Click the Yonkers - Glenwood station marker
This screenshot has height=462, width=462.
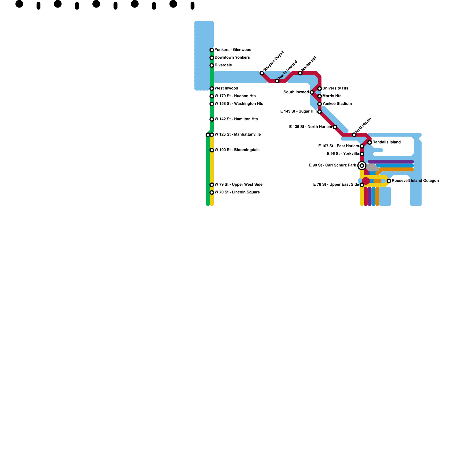[x=212, y=50]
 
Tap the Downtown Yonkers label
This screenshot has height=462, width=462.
[x=232, y=57]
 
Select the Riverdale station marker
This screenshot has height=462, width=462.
[x=212, y=66]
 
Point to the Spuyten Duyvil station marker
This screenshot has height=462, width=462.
[x=262, y=73]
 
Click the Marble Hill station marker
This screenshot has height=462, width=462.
[x=300, y=73]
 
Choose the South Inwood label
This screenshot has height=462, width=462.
[x=296, y=92]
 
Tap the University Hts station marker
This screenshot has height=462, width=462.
[x=320, y=89]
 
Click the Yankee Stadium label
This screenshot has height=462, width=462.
[x=337, y=104]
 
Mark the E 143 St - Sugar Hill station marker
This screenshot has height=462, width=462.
[x=320, y=112]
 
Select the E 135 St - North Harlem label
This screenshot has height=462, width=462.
[x=310, y=127]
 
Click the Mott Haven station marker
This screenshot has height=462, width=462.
[x=354, y=135]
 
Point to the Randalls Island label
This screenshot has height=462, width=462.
[x=386, y=142]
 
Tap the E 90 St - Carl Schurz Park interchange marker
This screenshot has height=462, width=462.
[x=362, y=165]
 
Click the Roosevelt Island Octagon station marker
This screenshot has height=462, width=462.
[x=389, y=181]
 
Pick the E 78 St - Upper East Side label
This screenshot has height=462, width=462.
[x=336, y=185]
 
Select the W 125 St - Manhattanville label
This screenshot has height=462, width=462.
[x=238, y=135]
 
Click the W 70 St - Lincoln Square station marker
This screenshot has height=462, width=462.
[x=212, y=193]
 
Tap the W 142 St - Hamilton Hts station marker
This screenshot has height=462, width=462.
[x=212, y=120]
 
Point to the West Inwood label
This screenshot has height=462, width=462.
[x=226, y=88]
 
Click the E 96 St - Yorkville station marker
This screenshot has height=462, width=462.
[x=362, y=154]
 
